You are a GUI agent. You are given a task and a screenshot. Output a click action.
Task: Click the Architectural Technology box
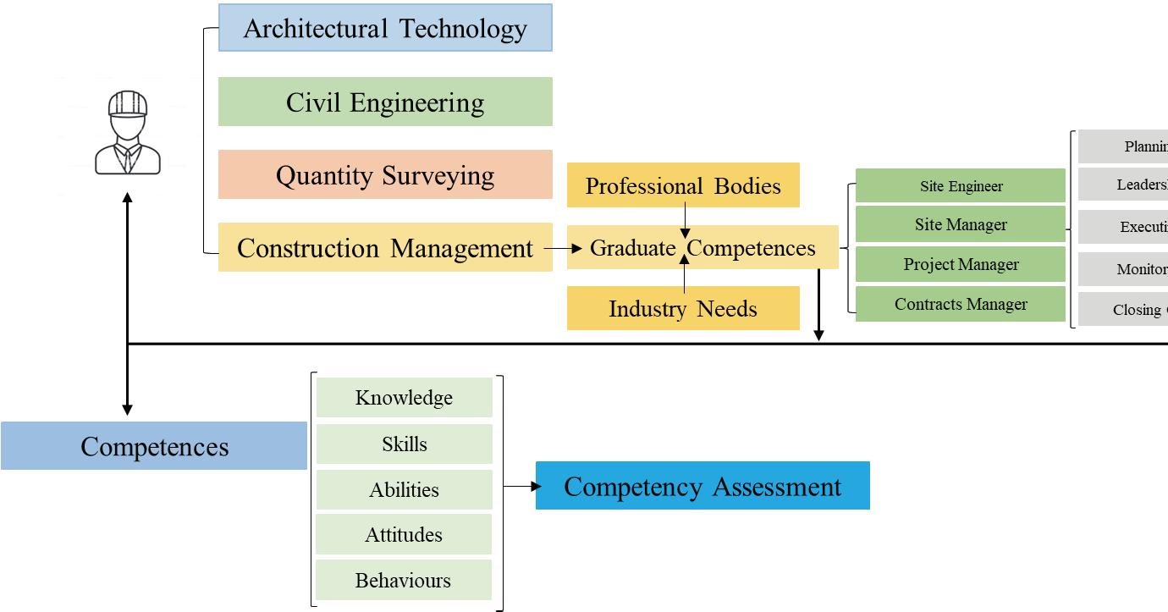pos(385,28)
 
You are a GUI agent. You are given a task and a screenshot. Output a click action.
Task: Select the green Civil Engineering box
pos(385,102)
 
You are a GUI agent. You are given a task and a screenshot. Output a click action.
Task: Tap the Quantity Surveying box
pos(385,175)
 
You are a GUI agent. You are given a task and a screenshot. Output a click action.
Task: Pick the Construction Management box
pos(385,248)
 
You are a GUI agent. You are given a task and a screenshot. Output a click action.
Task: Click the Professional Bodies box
pos(683,185)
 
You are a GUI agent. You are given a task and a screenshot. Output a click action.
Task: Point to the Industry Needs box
pos(683,308)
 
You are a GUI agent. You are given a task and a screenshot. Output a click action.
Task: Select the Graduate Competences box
pos(702,248)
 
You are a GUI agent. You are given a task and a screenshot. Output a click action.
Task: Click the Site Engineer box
pos(961,185)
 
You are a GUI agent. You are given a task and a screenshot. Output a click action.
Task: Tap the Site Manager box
pos(961,224)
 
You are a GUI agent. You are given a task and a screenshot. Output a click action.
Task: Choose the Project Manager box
pos(961,264)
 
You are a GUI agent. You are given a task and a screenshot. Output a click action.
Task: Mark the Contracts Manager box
pos(961,304)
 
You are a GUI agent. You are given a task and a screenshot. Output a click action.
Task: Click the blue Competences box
pos(154,446)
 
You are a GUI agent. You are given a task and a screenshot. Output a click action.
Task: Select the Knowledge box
pos(404,397)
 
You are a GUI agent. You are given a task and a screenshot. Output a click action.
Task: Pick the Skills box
pos(404,444)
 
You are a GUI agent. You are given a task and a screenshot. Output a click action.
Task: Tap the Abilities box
pos(404,489)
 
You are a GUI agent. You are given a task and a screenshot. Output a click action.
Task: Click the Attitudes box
pos(404,534)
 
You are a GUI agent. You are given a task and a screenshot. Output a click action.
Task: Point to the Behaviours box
pos(404,580)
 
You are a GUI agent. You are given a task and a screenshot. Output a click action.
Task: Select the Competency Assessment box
pos(702,486)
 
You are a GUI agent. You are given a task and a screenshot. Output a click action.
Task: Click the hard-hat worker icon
pos(128,133)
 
